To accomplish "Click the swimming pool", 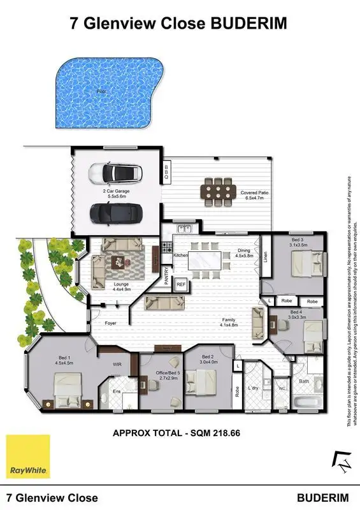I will click(x=102, y=96).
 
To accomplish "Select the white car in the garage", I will click(x=116, y=173).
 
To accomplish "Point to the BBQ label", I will click(x=167, y=171).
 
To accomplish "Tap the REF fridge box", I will click(x=181, y=284).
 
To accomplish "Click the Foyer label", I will click(x=111, y=323).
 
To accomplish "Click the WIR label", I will click(x=117, y=365).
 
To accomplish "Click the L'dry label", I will click(x=253, y=388).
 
